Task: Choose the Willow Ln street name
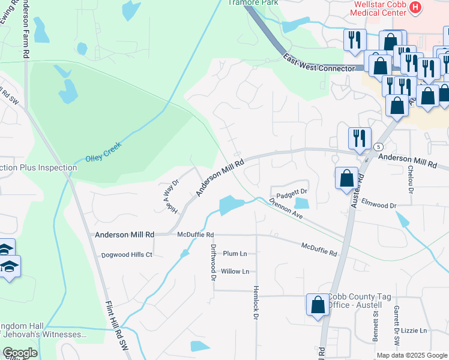point(235,272)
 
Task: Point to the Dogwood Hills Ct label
point(127,255)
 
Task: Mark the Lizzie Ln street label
point(414,331)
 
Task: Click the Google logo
point(20,353)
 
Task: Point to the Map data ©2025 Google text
point(411,355)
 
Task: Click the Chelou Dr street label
point(411,180)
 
